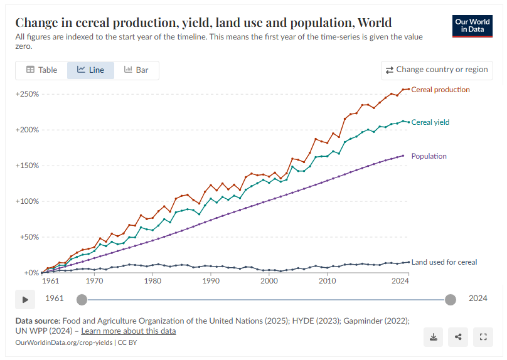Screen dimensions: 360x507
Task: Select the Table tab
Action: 41,70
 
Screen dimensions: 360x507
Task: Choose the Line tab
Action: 90,70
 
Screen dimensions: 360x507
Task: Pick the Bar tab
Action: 136,70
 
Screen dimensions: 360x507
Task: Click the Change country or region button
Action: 437,70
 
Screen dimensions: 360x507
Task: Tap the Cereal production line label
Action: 440,90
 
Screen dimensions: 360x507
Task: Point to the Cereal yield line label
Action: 430,122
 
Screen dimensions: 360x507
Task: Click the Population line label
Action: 429,156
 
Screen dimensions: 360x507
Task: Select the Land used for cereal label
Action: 444,262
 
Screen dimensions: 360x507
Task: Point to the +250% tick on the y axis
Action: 28,94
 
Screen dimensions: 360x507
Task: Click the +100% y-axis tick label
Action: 28,201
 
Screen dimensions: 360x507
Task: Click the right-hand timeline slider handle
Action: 451,299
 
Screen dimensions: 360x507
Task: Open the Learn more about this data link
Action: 129,331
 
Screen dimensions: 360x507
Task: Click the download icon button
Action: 433,337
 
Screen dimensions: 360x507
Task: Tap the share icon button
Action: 458,337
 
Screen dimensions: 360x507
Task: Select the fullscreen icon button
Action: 483,337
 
